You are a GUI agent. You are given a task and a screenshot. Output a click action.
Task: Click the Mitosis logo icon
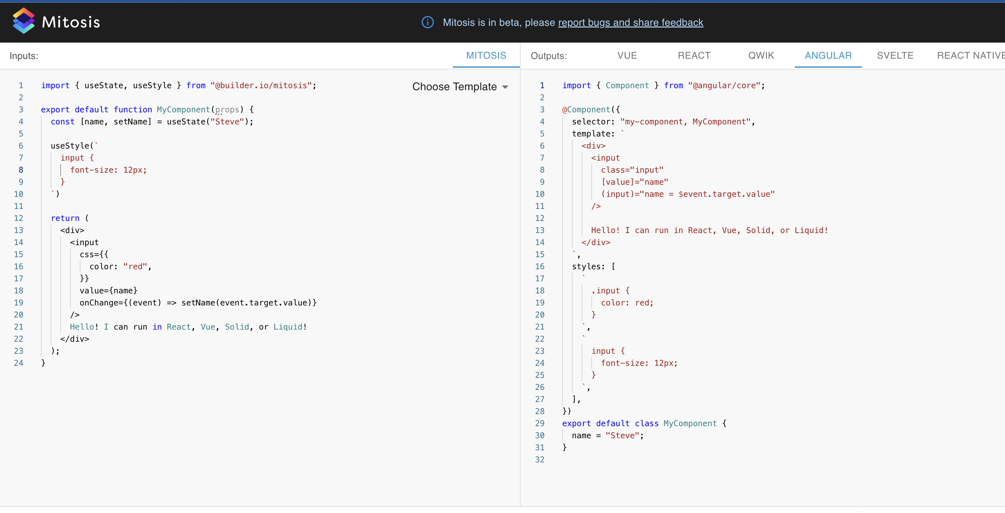(x=23, y=21)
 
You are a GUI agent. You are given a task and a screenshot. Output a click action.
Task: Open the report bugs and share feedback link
(x=631, y=22)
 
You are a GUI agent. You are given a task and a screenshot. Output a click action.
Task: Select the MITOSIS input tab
(x=486, y=56)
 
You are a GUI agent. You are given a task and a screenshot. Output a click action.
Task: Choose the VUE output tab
(x=627, y=56)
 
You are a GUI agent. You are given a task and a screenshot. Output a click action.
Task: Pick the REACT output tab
(x=694, y=56)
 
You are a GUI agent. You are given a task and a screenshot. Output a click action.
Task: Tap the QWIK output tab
(x=761, y=56)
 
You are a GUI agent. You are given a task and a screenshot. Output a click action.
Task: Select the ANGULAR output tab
(x=828, y=56)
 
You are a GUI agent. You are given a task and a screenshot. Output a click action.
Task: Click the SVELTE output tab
(x=895, y=56)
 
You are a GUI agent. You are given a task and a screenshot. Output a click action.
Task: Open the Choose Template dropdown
(x=460, y=87)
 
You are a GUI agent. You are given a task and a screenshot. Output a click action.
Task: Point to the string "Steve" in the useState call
(x=227, y=122)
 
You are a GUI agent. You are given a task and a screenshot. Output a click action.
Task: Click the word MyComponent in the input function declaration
(x=183, y=110)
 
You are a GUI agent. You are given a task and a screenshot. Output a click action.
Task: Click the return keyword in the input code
(x=65, y=218)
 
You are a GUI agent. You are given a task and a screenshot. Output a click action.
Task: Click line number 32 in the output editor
(x=540, y=460)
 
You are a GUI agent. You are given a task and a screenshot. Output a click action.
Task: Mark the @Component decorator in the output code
(x=586, y=110)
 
